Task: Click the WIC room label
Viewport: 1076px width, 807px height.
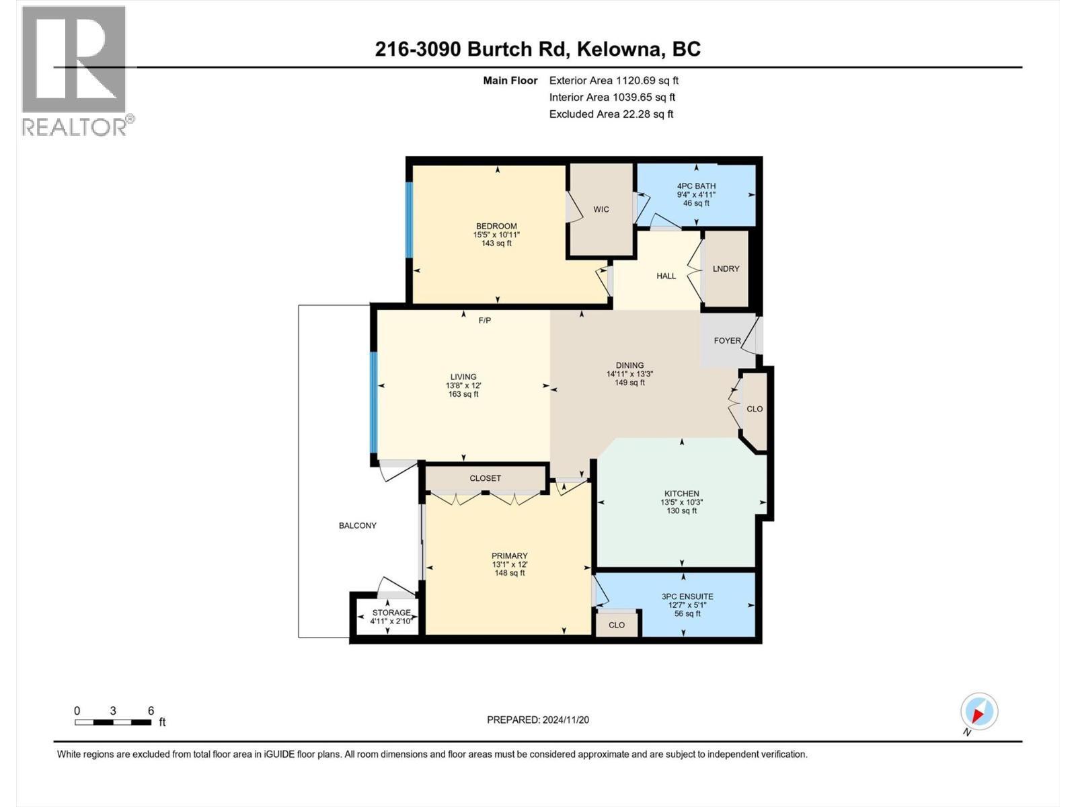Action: point(601,209)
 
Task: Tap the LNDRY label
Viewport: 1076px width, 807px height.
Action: point(726,268)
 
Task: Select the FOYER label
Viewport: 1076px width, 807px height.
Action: point(727,340)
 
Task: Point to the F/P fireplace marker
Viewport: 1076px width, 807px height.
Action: point(484,320)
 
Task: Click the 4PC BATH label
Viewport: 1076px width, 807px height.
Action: point(696,186)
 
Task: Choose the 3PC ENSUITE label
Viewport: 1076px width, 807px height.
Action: point(687,597)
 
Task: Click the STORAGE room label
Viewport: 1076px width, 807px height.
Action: point(391,613)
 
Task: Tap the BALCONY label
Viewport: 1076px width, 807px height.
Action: point(357,525)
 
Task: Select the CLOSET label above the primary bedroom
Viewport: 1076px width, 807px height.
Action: point(485,478)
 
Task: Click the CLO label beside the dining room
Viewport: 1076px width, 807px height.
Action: point(755,409)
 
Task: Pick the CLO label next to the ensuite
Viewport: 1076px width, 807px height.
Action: point(617,625)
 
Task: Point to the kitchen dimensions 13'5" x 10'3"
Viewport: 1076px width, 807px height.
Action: point(682,502)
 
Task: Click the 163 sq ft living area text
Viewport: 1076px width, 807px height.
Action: point(463,394)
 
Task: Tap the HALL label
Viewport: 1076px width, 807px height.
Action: point(666,276)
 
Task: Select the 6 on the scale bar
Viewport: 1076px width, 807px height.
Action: point(151,711)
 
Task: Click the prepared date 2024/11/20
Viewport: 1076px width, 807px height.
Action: point(565,720)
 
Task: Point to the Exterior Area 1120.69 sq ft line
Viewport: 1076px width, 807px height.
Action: point(613,80)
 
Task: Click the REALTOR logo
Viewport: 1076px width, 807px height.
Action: point(75,71)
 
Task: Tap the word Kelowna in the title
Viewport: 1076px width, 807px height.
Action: point(615,49)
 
